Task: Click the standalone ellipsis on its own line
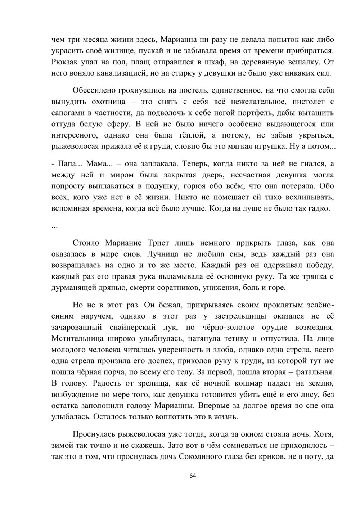click(55, 226)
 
